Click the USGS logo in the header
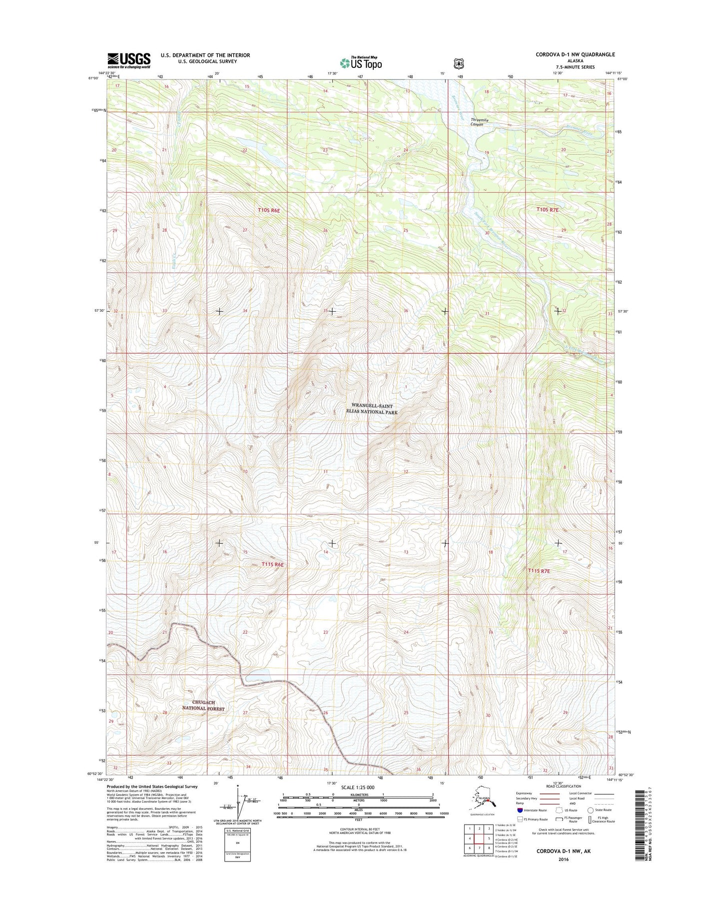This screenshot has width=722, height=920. (128, 60)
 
